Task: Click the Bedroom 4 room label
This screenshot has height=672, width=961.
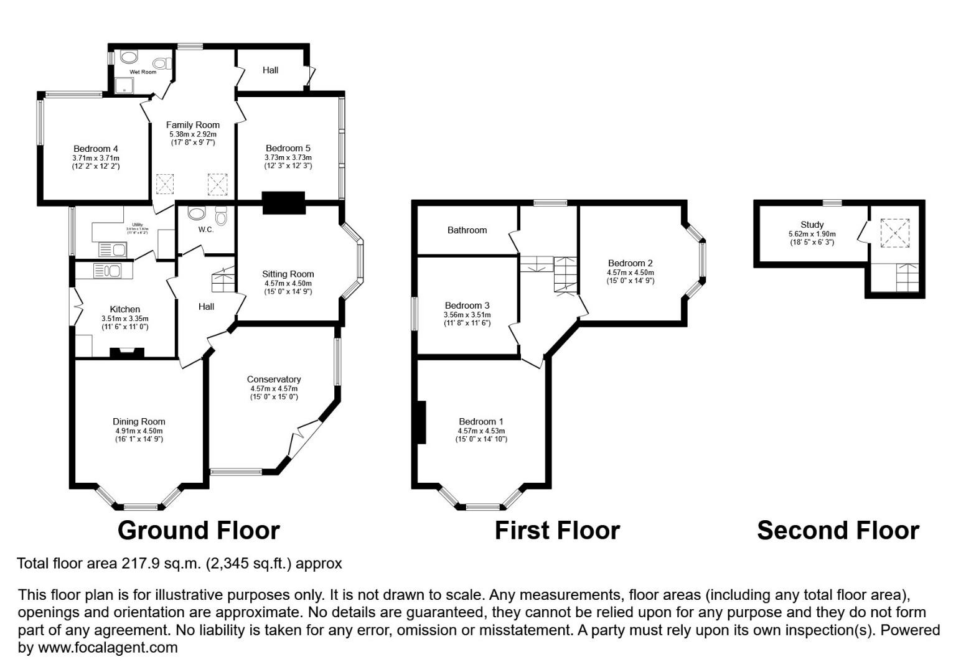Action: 95,149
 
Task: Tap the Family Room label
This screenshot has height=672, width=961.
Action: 192,125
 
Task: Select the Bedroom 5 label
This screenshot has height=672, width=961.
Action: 288,148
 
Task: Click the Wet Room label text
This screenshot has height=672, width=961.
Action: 143,72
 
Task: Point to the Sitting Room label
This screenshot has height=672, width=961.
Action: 288,274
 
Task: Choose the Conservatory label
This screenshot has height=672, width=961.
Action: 273,379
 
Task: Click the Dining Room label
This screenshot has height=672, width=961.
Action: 139,421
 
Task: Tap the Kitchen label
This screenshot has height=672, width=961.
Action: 124,309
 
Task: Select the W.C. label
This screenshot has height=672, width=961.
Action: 206,230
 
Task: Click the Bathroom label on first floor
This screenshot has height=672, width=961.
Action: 467,230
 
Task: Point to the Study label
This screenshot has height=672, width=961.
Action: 812,225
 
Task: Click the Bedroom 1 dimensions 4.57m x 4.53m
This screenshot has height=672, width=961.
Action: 481,431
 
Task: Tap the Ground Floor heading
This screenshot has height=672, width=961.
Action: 199,531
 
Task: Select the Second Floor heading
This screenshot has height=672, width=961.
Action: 838,531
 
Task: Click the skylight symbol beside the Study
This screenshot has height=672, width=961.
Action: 894,233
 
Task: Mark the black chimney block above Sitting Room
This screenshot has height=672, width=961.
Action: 284,203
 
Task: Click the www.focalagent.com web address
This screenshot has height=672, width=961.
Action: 108,648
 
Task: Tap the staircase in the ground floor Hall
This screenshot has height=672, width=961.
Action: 223,279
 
